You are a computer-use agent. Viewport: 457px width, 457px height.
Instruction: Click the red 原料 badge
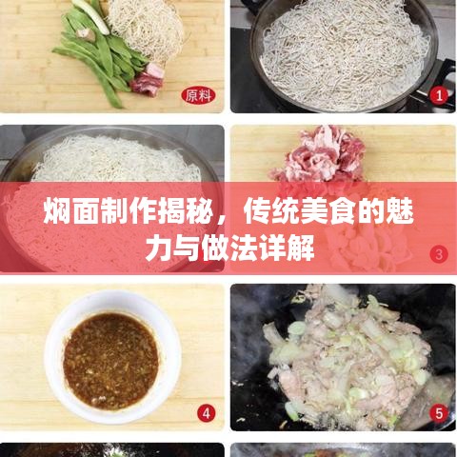point(199,95)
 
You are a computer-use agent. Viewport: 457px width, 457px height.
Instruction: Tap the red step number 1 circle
point(439,95)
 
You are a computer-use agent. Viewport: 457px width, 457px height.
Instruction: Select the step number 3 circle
point(439,254)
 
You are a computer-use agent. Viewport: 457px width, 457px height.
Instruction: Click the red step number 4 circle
point(207,413)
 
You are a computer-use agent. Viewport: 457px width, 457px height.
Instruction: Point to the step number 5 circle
point(439,413)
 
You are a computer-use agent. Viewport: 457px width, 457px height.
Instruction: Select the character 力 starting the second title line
point(158,248)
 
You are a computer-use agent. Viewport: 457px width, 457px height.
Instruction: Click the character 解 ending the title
point(301,248)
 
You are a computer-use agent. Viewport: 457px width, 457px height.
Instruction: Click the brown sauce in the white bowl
point(110,361)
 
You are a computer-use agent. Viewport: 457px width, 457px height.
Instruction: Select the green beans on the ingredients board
point(95,55)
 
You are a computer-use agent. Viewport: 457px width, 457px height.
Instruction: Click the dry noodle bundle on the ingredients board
point(146,29)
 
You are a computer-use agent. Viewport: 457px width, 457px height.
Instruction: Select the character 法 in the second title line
point(244,248)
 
